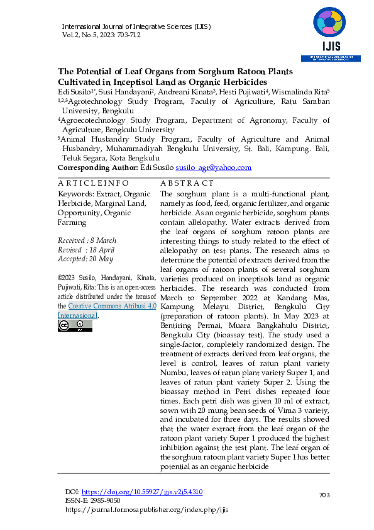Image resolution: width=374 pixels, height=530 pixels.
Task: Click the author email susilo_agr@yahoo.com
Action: pos(213,167)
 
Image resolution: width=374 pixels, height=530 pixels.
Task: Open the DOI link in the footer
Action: pos(143,491)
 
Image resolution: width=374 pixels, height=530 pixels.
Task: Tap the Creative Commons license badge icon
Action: pos(75,325)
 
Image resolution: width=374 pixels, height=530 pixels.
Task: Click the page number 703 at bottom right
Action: pos(324,496)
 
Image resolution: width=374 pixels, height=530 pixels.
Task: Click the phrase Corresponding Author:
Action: pos(97,167)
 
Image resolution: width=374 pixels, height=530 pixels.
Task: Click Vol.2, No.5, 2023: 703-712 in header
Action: pos(101,35)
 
